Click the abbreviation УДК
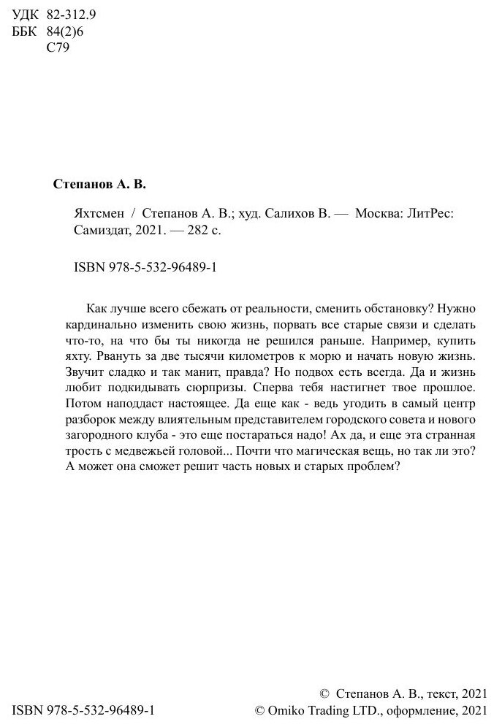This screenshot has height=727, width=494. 26,15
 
